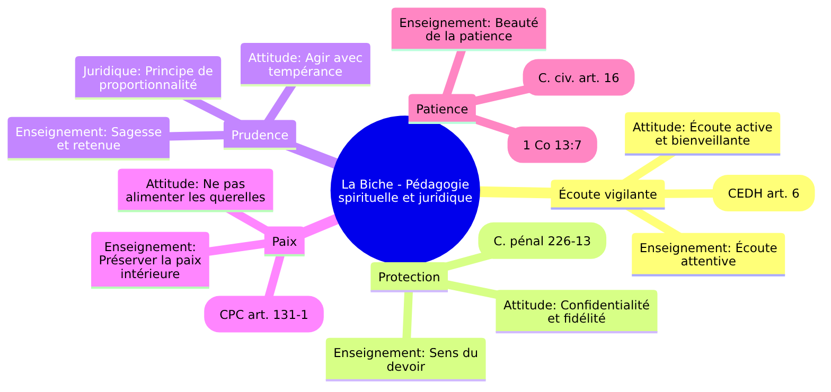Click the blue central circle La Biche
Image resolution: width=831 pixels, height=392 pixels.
click(405, 191)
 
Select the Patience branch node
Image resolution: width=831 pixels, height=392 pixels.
click(442, 109)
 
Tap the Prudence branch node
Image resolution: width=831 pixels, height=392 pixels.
click(260, 135)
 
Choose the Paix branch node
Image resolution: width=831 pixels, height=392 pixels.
click(284, 242)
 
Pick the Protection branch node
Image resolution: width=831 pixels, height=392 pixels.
click(409, 277)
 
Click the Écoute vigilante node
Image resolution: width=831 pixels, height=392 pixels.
click(608, 194)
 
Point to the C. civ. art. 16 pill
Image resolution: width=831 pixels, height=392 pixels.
click(578, 78)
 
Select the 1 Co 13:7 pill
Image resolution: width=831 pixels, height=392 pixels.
click(552, 145)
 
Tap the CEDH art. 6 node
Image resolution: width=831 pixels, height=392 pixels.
click(763, 193)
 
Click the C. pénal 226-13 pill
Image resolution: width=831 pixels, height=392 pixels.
click(542, 241)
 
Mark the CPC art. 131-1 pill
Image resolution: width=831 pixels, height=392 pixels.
click(264, 314)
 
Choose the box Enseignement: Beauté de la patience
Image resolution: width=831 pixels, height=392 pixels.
click(468, 29)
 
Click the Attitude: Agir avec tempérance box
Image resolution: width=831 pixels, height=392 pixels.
click(305, 64)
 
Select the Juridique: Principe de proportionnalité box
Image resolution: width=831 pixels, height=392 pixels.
click(148, 77)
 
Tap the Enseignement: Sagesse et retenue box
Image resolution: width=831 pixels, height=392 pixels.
click(89, 138)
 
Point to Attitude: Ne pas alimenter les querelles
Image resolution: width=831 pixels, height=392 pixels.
click(195, 190)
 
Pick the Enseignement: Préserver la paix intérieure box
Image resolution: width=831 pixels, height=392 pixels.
click(150, 260)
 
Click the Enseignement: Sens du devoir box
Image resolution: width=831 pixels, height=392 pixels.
click(405, 359)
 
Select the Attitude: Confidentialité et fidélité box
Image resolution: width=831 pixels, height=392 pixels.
click(576, 311)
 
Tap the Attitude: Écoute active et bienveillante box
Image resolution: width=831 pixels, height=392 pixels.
click(702, 133)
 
